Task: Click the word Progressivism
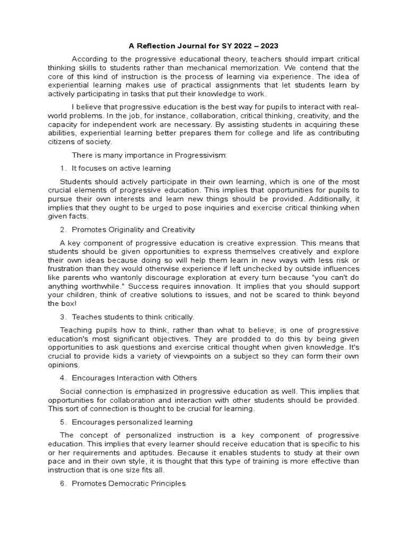(199, 155)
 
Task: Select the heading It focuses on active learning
(121, 168)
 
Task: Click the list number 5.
(63, 422)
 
